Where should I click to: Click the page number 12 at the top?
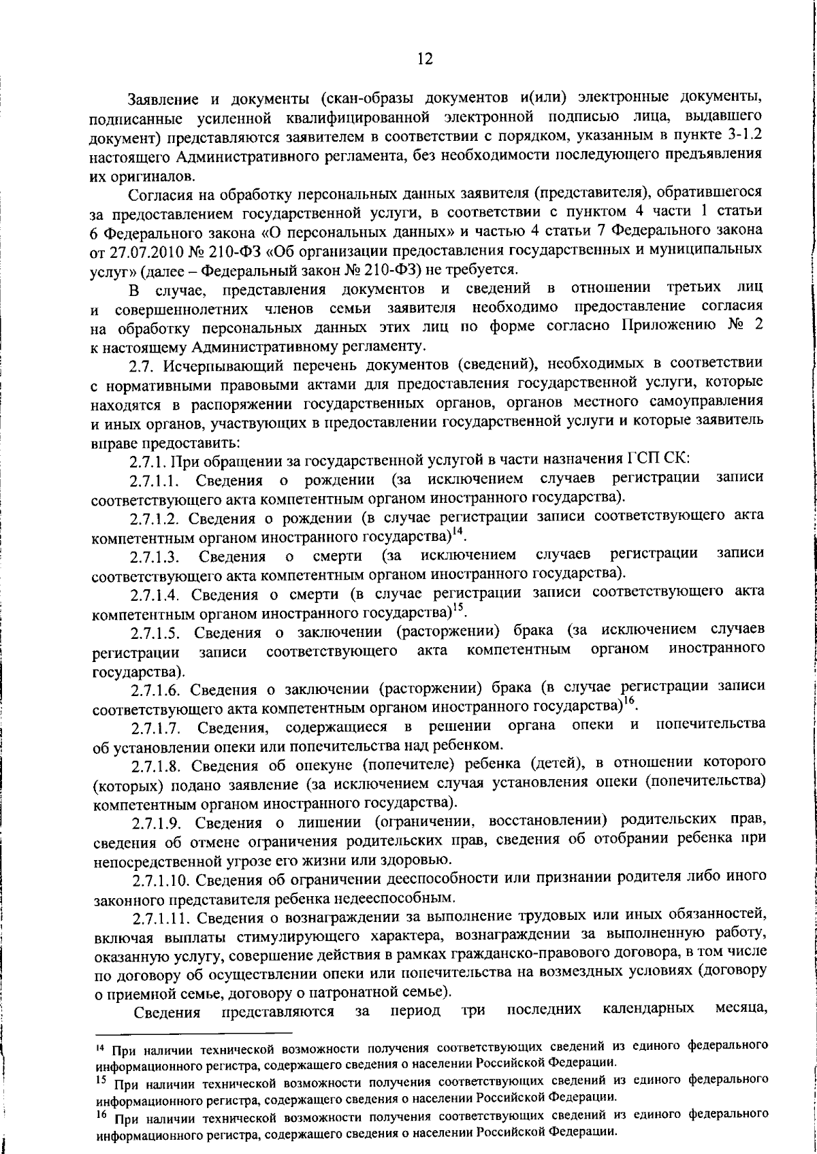[425, 59]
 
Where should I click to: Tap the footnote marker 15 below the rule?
[99, 1080]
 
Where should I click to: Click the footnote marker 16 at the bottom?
[99, 1115]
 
